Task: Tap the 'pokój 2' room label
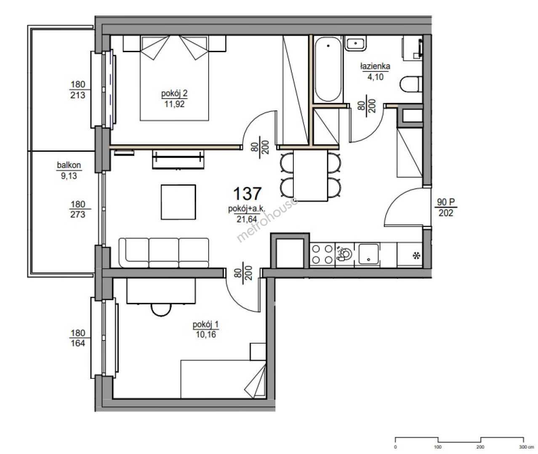(174, 93)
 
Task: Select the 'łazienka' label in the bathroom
(375, 66)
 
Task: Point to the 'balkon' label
(69, 165)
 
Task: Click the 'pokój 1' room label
(205, 324)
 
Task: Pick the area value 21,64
(247, 219)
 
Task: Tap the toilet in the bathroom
(411, 84)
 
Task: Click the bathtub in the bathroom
(328, 69)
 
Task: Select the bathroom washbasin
(355, 43)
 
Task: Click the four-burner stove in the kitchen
(322, 254)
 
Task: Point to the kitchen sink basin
(368, 254)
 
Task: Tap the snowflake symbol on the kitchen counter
(416, 256)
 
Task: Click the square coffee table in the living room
(178, 202)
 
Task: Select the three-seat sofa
(164, 253)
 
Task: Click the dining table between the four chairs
(311, 176)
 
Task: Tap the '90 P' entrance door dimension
(446, 202)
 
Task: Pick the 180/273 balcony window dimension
(78, 209)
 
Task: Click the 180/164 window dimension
(78, 338)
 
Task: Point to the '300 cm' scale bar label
(523, 447)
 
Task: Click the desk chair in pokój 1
(161, 310)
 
